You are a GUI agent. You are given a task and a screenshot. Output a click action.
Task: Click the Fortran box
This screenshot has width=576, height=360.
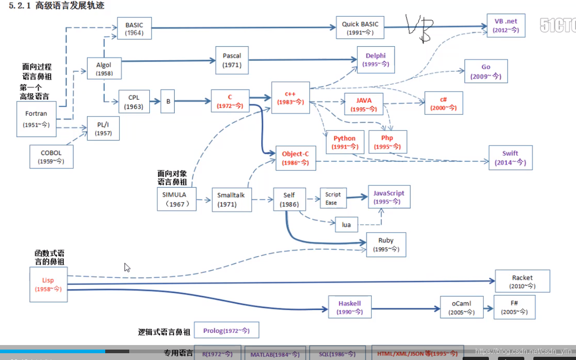pos(36,119)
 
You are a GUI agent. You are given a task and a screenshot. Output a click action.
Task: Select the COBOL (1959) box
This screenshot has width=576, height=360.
pos(51,156)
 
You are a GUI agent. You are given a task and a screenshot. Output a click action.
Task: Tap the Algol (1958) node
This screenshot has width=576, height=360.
pos(104,68)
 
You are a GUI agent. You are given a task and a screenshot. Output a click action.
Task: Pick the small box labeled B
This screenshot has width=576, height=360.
pos(168,101)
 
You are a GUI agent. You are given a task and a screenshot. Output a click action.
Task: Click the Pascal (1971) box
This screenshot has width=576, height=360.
pos(232,60)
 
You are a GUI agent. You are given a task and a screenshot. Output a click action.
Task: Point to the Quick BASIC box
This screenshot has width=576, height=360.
pos(360,28)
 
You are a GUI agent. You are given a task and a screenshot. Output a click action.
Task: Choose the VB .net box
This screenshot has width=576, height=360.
pos(506,25)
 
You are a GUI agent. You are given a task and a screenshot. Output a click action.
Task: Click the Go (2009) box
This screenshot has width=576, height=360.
pos(486,71)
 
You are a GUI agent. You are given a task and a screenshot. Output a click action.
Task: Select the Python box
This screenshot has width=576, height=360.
pos(345,142)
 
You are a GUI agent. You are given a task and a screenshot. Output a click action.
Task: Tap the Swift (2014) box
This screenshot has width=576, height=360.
pos(510,157)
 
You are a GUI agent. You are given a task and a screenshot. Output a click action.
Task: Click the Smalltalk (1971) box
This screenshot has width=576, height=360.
pos(231,199)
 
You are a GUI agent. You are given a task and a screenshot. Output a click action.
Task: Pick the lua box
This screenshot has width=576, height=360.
pos(346,224)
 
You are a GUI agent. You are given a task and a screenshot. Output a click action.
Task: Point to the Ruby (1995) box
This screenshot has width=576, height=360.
pos(386,245)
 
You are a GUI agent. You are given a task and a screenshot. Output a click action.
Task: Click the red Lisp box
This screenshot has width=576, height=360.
pos(48,284)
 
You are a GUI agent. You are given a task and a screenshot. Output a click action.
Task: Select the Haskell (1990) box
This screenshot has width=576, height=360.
pos(350,307)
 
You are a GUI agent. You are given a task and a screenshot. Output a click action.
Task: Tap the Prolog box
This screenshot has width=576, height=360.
pos(226,331)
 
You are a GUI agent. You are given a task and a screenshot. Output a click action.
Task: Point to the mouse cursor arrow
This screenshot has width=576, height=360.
pos(127,268)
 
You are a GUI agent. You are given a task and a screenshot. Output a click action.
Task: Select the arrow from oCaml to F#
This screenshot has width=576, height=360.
pos(488,308)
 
